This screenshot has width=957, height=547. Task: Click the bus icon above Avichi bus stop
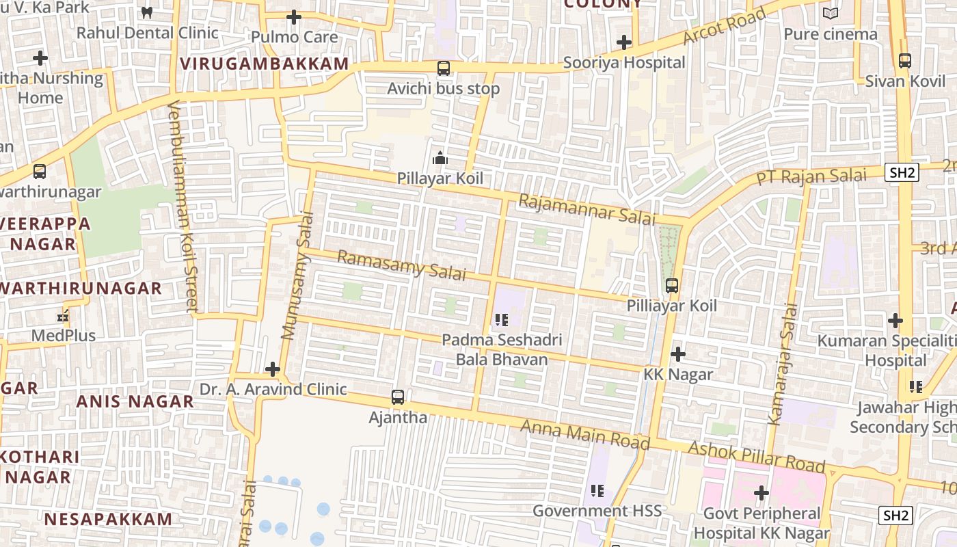coord(444,68)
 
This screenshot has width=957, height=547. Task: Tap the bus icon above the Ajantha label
coord(397,397)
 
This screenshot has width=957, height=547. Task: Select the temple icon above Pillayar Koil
coord(440,159)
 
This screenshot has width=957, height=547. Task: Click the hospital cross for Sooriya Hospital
coord(623,42)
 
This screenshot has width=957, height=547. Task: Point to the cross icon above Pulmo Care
coord(294,16)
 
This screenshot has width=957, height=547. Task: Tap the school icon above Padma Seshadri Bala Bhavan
coord(502,319)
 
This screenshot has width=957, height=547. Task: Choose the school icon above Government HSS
coord(597,490)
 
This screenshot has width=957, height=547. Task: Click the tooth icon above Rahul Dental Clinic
coord(146,12)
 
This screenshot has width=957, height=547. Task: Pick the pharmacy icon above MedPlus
coord(63,317)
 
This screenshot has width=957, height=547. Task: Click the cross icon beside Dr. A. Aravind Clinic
coord(273,369)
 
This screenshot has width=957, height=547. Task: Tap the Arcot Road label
coord(724,27)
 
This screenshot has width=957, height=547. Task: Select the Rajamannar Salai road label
coord(587,209)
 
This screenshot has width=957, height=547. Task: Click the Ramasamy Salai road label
coord(401,265)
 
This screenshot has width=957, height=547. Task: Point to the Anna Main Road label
coord(584,434)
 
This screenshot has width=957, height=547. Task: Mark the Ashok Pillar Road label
coord(757,457)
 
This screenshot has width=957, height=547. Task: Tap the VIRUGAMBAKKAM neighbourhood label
coord(264,64)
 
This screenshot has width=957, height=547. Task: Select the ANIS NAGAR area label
coord(135,401)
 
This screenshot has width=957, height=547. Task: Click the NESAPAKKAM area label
coord(108,518)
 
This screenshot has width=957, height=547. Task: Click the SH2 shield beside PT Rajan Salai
coord(902,172)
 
